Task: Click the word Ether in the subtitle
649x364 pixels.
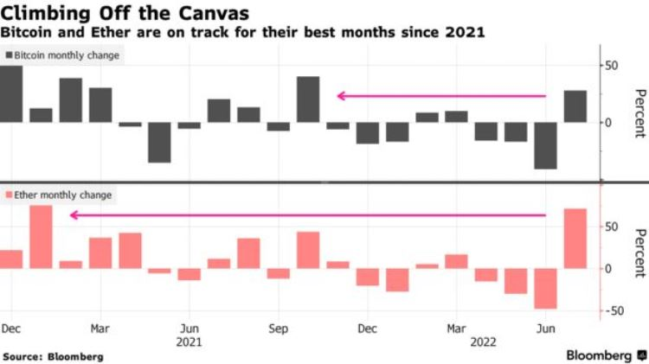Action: click(x=101, y=32)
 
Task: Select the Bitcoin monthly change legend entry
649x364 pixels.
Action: click(x=62, y=55)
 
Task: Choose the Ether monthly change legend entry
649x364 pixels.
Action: click(x=57, y=195)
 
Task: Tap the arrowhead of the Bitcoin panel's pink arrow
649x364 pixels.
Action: click(x=341, y=96)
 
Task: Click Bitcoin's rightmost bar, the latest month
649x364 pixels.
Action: click(x=575, y=105)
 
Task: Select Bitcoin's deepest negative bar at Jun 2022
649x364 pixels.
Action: click(x=545, y=144)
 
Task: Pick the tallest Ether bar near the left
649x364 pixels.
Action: click(x=42, y=236)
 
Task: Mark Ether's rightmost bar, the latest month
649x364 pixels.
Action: click(x=575, y=238)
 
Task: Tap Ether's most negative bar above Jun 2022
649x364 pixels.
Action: click(x=545, y=288)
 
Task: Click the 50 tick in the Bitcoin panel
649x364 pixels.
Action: click(x=611, y=66)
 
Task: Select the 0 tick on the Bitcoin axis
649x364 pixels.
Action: click(x=608, y=122)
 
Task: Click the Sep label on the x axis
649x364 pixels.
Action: click(x=278, y=329)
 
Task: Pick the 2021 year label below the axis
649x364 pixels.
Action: click(x=190, y=342)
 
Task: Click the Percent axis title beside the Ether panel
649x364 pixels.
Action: click(x=639, y=252)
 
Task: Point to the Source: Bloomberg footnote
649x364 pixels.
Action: click(x=54, y=356)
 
